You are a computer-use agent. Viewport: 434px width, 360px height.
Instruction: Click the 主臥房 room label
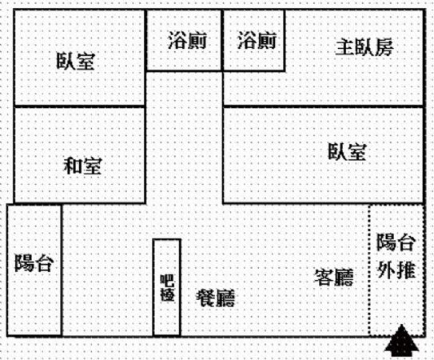364,48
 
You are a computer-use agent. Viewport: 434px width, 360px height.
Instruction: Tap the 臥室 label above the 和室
76,61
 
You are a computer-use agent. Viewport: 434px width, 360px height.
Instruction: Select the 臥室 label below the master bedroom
347,151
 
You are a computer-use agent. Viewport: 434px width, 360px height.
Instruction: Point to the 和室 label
82,166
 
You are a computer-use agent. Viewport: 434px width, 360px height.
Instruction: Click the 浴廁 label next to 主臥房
257,40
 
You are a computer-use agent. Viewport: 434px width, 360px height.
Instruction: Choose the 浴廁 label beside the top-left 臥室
187,40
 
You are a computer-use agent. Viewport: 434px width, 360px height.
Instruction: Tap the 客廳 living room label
334,277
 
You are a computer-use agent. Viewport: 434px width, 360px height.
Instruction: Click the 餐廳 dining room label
215,298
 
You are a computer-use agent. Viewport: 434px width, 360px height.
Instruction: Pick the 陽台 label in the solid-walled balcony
34,262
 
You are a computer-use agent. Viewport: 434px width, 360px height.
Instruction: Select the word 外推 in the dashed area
396,270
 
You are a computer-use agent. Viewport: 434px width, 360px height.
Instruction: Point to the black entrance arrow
401,341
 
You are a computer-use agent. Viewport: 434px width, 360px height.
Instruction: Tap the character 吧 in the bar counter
167,281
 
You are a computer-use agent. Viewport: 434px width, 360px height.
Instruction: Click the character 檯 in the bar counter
167,294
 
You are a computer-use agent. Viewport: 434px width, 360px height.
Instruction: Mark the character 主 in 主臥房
344,48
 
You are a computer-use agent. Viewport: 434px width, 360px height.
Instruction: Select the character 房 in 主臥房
384,48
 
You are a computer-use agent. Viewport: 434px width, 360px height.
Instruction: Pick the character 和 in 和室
73,166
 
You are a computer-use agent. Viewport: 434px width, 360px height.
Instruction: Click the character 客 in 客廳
324,277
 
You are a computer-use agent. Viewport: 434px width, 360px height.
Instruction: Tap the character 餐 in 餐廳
205,298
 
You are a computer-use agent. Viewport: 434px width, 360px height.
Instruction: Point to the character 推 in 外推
406,270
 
